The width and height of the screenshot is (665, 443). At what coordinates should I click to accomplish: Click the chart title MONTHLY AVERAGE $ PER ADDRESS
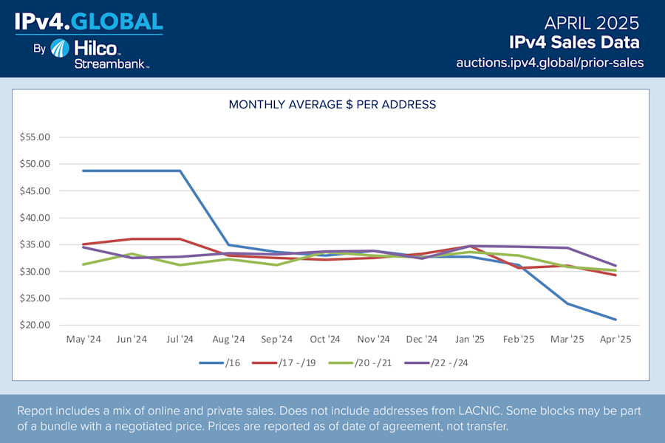[x=332, y=105]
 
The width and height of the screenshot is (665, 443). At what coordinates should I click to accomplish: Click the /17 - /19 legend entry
[x=286, y=363]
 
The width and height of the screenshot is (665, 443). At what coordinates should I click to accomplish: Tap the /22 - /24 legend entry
[x=436, y=363]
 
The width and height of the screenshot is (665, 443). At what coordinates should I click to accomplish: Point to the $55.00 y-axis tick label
[x=34, y=137]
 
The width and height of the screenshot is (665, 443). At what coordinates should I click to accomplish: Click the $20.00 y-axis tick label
[x=34, y=326]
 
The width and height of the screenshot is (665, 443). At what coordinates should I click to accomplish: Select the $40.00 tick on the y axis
[x=34, y=218]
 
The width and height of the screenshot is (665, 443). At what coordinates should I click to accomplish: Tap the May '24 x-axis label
[x=83, y=340]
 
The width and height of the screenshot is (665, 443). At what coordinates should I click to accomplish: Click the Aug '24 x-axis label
[x=228, y=340]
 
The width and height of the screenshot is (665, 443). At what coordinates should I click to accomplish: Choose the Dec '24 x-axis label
[x=422, y=340]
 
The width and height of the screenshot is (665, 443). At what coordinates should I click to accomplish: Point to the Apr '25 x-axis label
[x=615, y=340]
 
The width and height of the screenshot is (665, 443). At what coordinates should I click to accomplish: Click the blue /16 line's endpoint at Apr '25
[x=615, y=320]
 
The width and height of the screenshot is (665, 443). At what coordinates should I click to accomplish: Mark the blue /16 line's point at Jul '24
[x=180, y=171]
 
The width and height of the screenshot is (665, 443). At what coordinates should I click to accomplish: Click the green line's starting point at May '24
[x=83, y=264]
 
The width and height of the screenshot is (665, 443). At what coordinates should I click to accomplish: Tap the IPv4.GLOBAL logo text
[x=89, y=21]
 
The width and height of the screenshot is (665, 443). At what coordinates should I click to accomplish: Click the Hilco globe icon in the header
[x=61, y=49]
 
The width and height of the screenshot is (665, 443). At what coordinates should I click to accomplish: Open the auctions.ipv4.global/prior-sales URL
[x=550, y=63]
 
